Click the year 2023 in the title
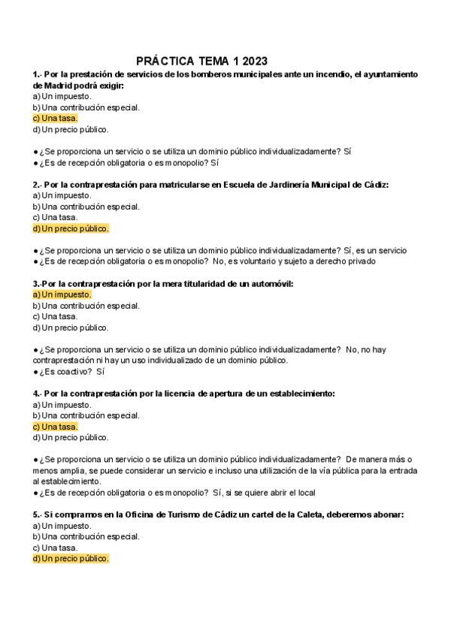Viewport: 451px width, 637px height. [x=253, y=61]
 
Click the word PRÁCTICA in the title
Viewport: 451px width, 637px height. [x=165, y=61]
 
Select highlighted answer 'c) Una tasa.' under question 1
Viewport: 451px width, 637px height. [x=55, y=118]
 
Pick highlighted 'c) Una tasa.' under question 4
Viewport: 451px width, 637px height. [x=55, y=427]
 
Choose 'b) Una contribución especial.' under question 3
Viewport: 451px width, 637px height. [x=86, y=306]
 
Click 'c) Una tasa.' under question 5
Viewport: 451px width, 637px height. [x=55, y=548]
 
